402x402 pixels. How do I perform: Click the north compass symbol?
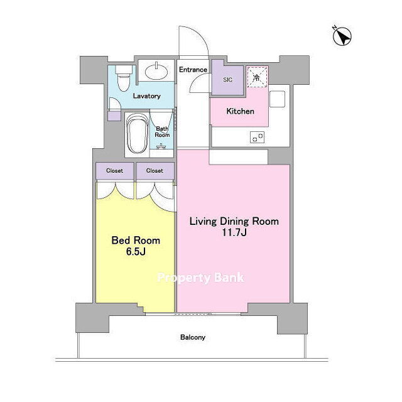342,36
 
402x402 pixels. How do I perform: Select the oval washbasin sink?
156,71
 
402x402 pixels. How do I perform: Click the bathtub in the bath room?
138,134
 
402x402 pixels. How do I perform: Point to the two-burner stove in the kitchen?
257,137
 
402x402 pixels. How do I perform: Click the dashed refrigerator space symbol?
257,77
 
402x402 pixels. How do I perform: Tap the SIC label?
227,80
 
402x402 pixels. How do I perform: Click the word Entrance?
193,70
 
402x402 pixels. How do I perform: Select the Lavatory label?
146,96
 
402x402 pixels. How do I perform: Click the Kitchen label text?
240,111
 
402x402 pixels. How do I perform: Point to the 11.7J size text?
234,232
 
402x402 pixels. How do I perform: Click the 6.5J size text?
136,252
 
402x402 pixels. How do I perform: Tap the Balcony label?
193,337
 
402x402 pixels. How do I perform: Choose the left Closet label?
114,171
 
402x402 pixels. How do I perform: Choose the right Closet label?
155,171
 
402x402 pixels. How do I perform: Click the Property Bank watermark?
200,278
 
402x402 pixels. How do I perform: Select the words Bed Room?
136,241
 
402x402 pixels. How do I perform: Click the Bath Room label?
162,131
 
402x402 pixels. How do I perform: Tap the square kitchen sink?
278,99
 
